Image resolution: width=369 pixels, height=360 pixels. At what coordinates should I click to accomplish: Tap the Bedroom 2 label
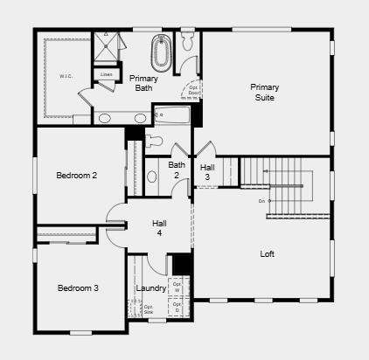point(77,176)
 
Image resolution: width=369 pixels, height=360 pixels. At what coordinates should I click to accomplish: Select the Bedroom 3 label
point(78,288)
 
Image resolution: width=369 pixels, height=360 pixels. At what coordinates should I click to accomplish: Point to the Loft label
point(268,254)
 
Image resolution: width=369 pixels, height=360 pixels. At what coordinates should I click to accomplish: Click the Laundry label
point(151,288)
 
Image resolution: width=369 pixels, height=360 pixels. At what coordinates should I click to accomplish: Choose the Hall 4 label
point(160,228)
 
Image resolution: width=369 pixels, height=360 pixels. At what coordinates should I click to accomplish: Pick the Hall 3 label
point(206,171)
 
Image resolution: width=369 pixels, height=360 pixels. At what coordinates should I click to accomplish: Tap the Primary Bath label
point(143,83)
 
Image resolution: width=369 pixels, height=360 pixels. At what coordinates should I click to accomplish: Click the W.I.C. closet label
point(66,76)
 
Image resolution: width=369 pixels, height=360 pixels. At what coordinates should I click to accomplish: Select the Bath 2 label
point(177,170)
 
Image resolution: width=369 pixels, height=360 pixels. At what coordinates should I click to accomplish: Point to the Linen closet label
point(106,75)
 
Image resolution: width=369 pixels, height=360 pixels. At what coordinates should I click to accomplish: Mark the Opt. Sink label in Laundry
point(149,309)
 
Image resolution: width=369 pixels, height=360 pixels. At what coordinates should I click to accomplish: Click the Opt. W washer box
point(178,286)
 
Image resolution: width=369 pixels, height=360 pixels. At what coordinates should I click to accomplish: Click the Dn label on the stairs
point(261,202)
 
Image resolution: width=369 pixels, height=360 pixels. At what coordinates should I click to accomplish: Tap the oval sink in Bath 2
point(152,177)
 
